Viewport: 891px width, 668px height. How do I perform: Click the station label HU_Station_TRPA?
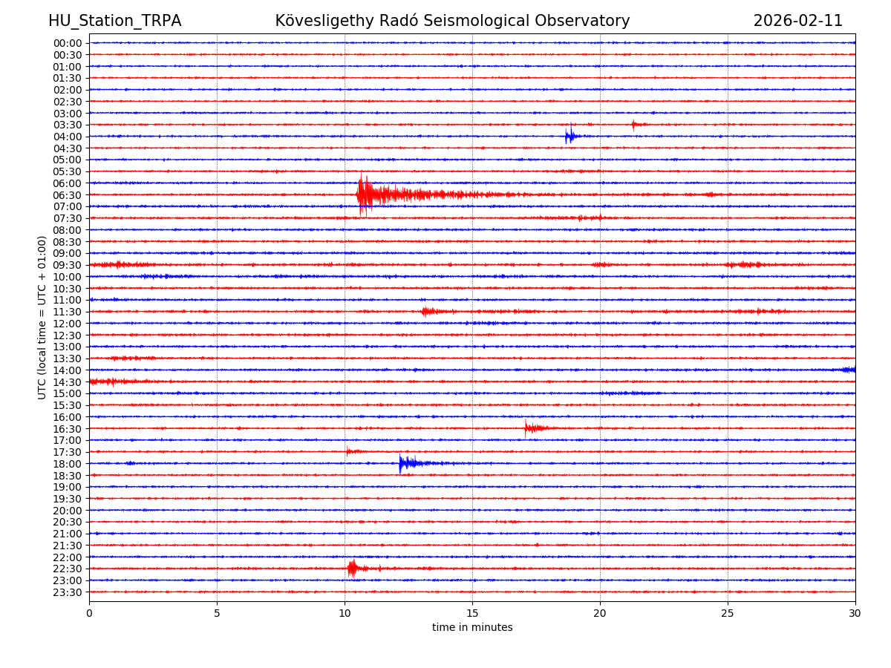click(114, 21)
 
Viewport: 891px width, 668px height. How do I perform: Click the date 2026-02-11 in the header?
click(797, 21)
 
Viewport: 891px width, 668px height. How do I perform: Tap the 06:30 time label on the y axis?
click(68, 195)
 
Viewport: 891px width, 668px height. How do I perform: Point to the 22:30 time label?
click(68, 569)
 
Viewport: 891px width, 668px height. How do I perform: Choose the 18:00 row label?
click(68, 464)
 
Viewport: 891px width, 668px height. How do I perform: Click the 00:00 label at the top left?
click(68, 43)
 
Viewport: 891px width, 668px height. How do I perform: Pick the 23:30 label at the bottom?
click(68, 592)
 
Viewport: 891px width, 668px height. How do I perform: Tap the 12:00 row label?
click(68, 324)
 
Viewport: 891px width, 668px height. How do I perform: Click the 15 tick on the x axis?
click(472, 614)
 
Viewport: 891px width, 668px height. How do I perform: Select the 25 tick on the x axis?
click(728, 614)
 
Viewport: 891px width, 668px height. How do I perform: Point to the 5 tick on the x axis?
click(217, 614)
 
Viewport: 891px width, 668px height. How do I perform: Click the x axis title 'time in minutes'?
click(472, 628)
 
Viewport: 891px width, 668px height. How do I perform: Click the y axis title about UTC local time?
click(42, 317)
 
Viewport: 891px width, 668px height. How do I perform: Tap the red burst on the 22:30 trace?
click(352, 569)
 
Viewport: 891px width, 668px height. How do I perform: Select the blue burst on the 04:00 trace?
click(569, 136)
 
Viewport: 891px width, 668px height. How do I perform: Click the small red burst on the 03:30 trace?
click(634, 125)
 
